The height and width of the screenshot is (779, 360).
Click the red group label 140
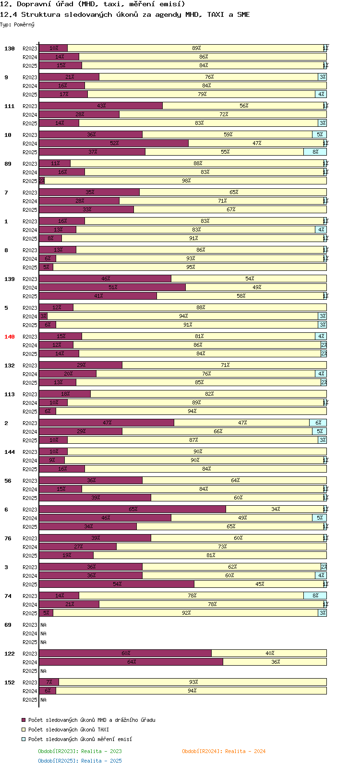10,337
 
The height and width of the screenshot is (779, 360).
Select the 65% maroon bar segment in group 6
132,509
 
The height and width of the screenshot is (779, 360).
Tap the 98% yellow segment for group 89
186,181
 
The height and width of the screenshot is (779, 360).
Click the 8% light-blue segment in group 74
315,596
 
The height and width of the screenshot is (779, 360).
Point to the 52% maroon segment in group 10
114,143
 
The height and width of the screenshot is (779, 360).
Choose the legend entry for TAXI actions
68,730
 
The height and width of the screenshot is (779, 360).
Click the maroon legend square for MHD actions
23,720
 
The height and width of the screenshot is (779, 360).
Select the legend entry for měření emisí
80,739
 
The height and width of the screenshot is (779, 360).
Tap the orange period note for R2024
223,751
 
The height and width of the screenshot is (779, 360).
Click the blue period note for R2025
80,761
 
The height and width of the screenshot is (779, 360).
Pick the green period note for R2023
80,751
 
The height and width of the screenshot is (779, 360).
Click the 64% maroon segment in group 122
131,662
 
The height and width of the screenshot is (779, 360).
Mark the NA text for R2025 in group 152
43,700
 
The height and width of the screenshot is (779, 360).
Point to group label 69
8,625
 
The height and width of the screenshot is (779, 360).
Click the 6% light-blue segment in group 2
318,423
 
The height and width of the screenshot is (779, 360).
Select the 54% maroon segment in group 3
117,584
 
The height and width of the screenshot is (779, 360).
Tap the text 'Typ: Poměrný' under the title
17,24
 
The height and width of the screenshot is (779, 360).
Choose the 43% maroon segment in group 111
101,106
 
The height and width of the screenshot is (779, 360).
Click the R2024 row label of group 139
30,288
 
